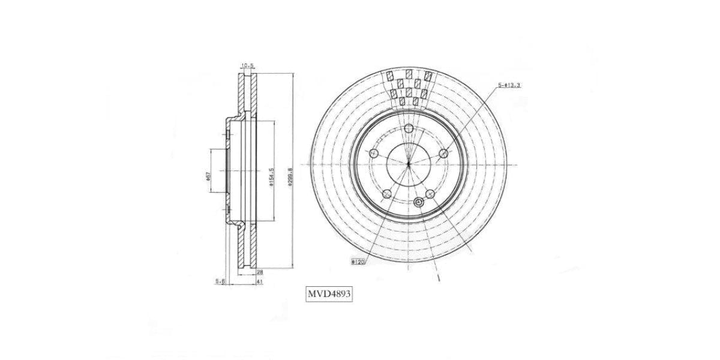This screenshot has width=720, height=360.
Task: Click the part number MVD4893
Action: pyautogui.click(x=329, y=295)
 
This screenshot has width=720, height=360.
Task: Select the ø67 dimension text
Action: pyautogui.click(x=208, y=176)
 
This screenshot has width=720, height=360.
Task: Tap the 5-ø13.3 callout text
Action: pyautogui.click(x=509, y=86)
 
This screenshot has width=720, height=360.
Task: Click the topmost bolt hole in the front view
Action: pyautogui.click(x=409, y=128)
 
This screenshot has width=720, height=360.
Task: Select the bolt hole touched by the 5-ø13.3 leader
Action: pyautogui.click(x=443, y=154)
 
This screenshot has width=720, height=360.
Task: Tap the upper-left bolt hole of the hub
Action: pyautogui.click(x=373, y=154)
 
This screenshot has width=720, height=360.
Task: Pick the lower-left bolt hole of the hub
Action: pyautogui.click(x=386, y=194)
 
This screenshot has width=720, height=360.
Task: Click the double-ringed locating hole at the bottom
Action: pyautogui.click(x=419, y=203)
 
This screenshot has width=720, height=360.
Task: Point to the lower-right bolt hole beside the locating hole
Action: pyautogui.click(x=430, y=193)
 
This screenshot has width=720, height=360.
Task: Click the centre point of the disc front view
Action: pyautogui.click(x=408, y=164)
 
